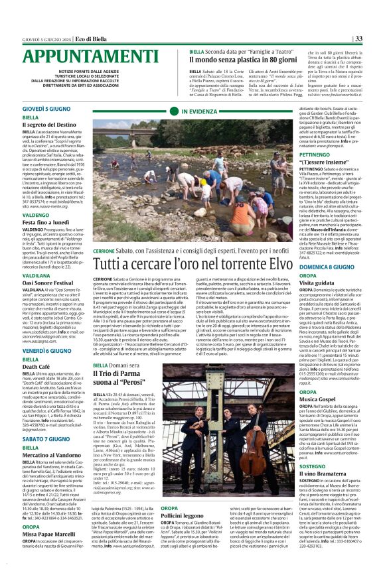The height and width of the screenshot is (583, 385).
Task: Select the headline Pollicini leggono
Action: pyautogui.click(x=166, y=533)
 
